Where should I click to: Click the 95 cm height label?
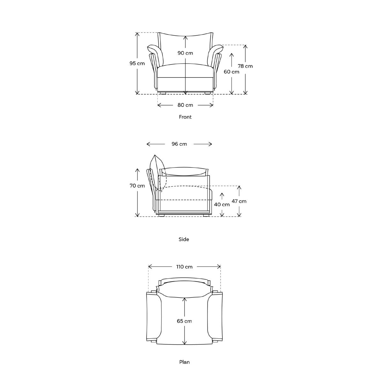137,64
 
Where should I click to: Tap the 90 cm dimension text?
185,53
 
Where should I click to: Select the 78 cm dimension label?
245,66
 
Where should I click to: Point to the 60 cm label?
231,72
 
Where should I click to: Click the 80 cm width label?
185,105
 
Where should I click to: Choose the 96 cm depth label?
179,144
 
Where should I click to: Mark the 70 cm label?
137,186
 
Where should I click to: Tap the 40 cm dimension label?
222,205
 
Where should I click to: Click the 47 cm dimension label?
239,201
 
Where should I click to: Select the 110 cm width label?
184,267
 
